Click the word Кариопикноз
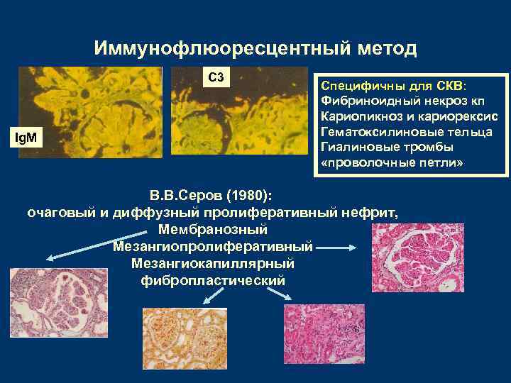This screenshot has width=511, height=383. pos(358,116)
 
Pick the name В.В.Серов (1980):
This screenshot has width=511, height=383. pos(213,195)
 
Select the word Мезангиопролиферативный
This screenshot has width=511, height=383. pos(213,247)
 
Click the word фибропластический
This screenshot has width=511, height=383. pos(213,280)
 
